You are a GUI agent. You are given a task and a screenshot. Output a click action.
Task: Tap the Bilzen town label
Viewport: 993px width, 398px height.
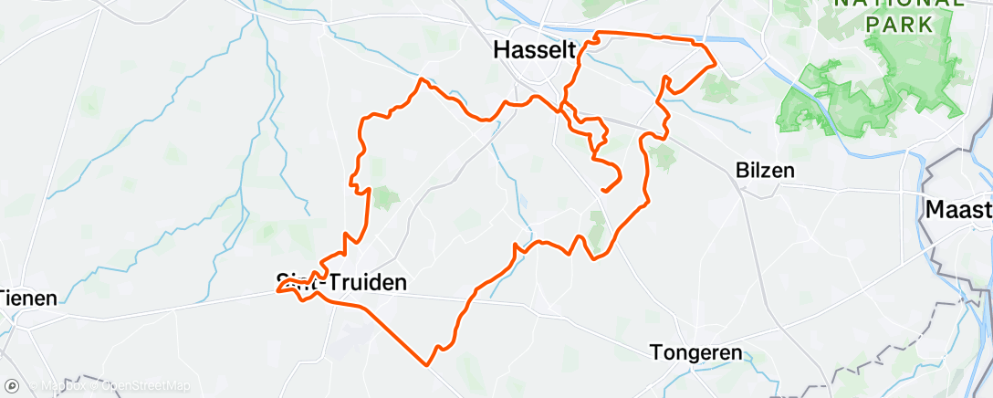(765, 170)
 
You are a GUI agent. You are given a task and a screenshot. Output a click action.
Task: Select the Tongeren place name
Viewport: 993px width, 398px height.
(696, 351)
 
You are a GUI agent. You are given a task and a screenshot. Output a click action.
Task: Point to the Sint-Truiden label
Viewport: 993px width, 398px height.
(341, 283)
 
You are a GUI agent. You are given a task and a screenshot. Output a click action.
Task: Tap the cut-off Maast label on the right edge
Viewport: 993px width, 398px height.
(958, 210)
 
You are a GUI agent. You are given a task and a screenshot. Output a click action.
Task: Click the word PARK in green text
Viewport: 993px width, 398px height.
(900, 25)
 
